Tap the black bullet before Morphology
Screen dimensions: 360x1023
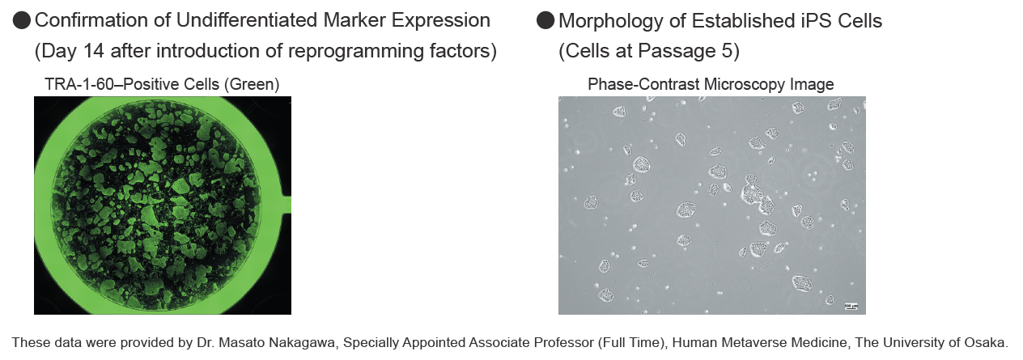coord(545,21)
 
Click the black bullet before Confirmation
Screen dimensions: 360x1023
coord(22,21)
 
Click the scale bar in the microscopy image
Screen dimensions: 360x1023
coord(851,306)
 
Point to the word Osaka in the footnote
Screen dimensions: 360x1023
coord(988,342)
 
